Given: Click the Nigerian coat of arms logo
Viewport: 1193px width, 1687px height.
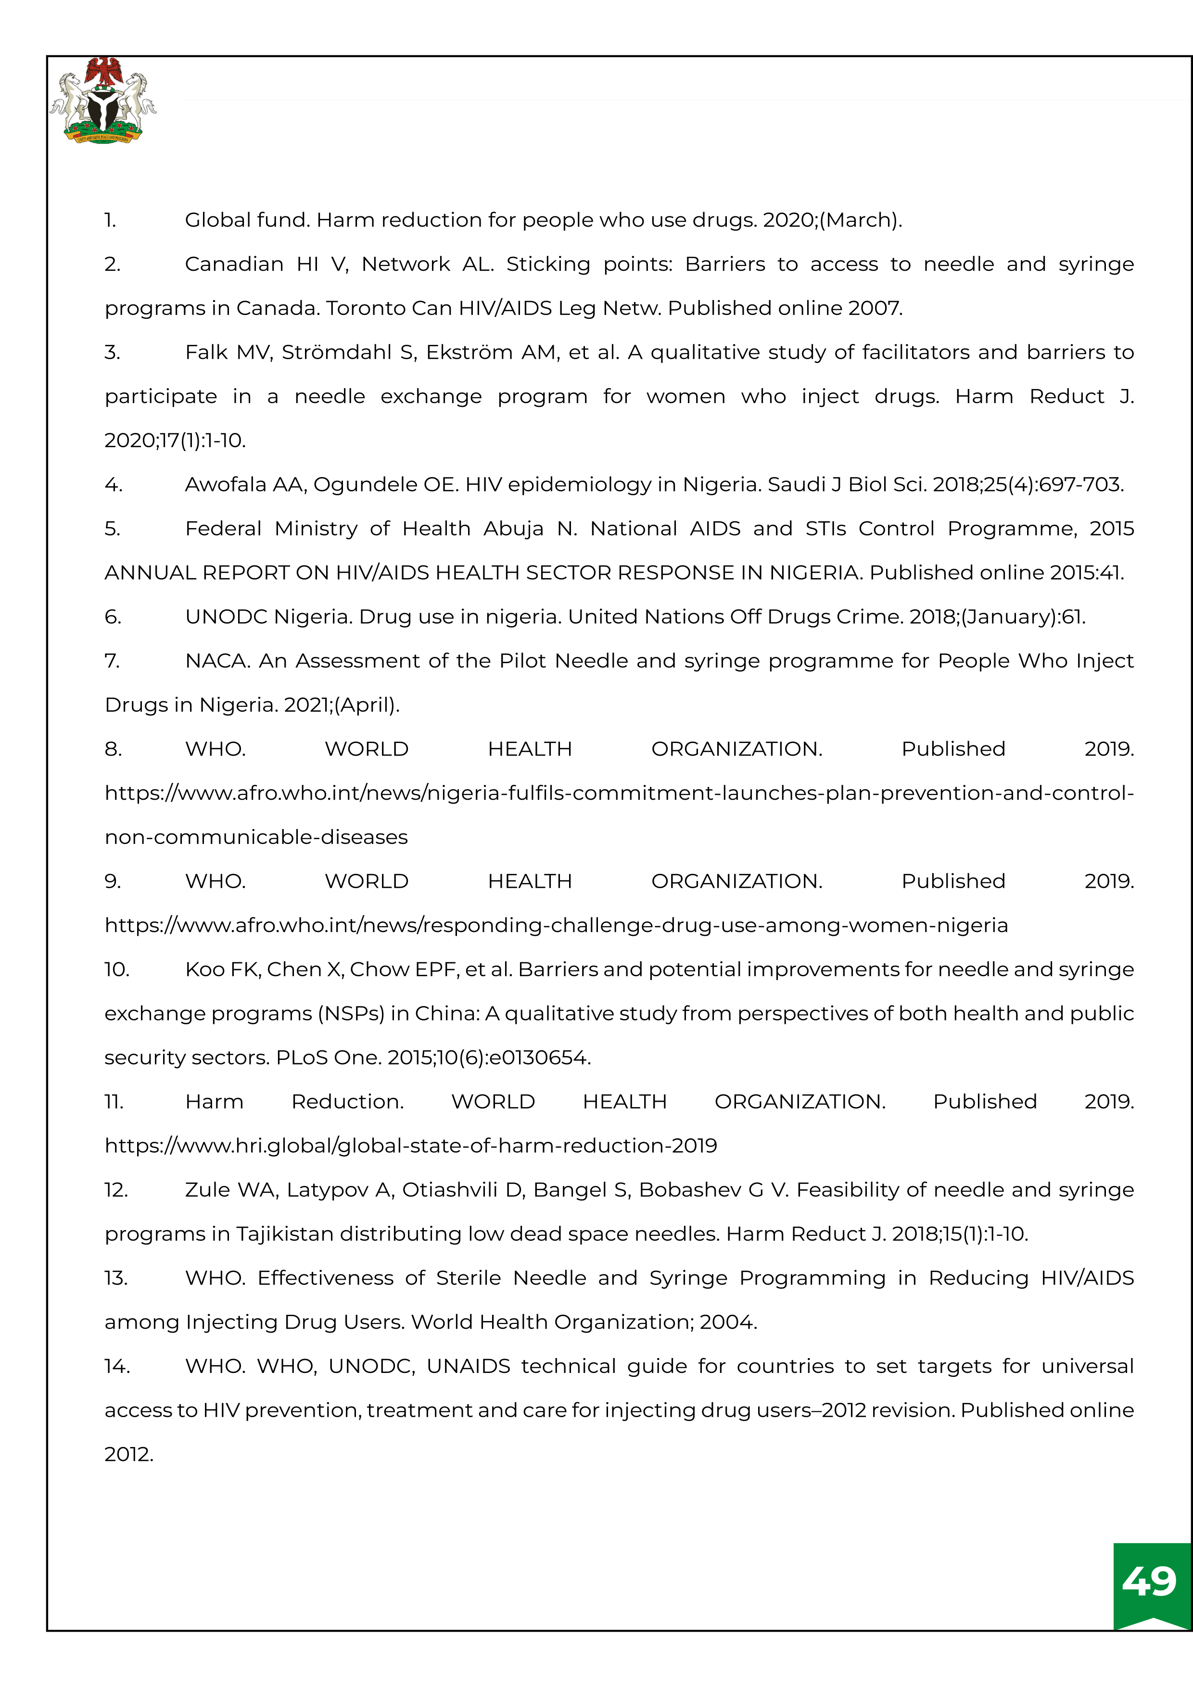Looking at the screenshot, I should tap(103, 101).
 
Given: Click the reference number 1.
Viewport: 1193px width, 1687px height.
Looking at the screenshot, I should tap(110, 220).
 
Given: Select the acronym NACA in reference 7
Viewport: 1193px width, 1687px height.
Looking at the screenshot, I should tap(216, 661).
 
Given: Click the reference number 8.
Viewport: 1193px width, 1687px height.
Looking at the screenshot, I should tap(113, 749).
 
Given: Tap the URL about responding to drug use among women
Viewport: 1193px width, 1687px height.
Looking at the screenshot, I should tap(556, 926).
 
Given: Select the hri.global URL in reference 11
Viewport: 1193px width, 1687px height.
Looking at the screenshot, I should tap(410, 1146).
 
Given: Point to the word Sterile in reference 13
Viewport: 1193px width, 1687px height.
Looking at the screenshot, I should tap(468, 1279).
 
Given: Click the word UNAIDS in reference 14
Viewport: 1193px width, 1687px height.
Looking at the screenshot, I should tap(468, 1367).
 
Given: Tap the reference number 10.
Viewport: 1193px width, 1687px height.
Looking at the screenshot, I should tap(116, 970).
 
